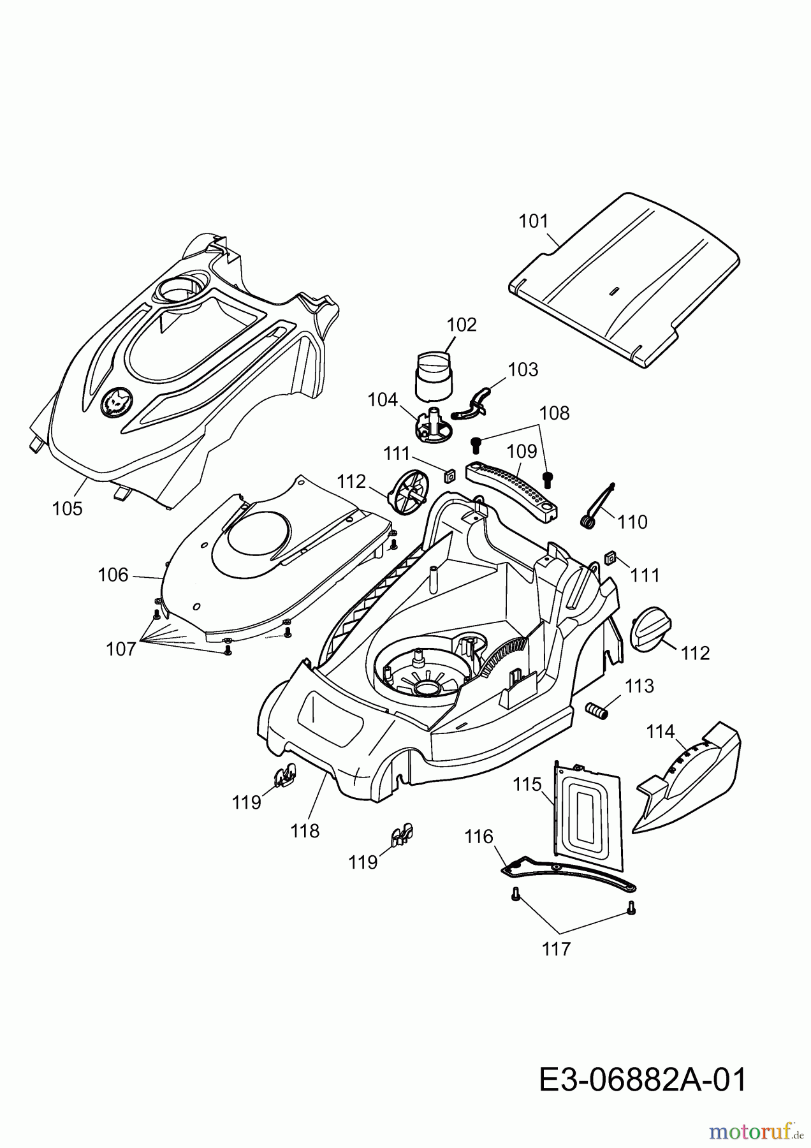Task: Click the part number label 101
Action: point(533,221)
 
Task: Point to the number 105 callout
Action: point(67,508)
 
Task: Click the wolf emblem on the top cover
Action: point(117,403)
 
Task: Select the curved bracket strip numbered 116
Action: point(567,873)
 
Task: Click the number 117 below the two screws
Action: point(556,949)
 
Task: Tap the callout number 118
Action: point(305,830)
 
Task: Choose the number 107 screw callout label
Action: point(121,649)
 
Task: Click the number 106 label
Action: point(113,575)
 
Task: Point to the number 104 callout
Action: point(383,400)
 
